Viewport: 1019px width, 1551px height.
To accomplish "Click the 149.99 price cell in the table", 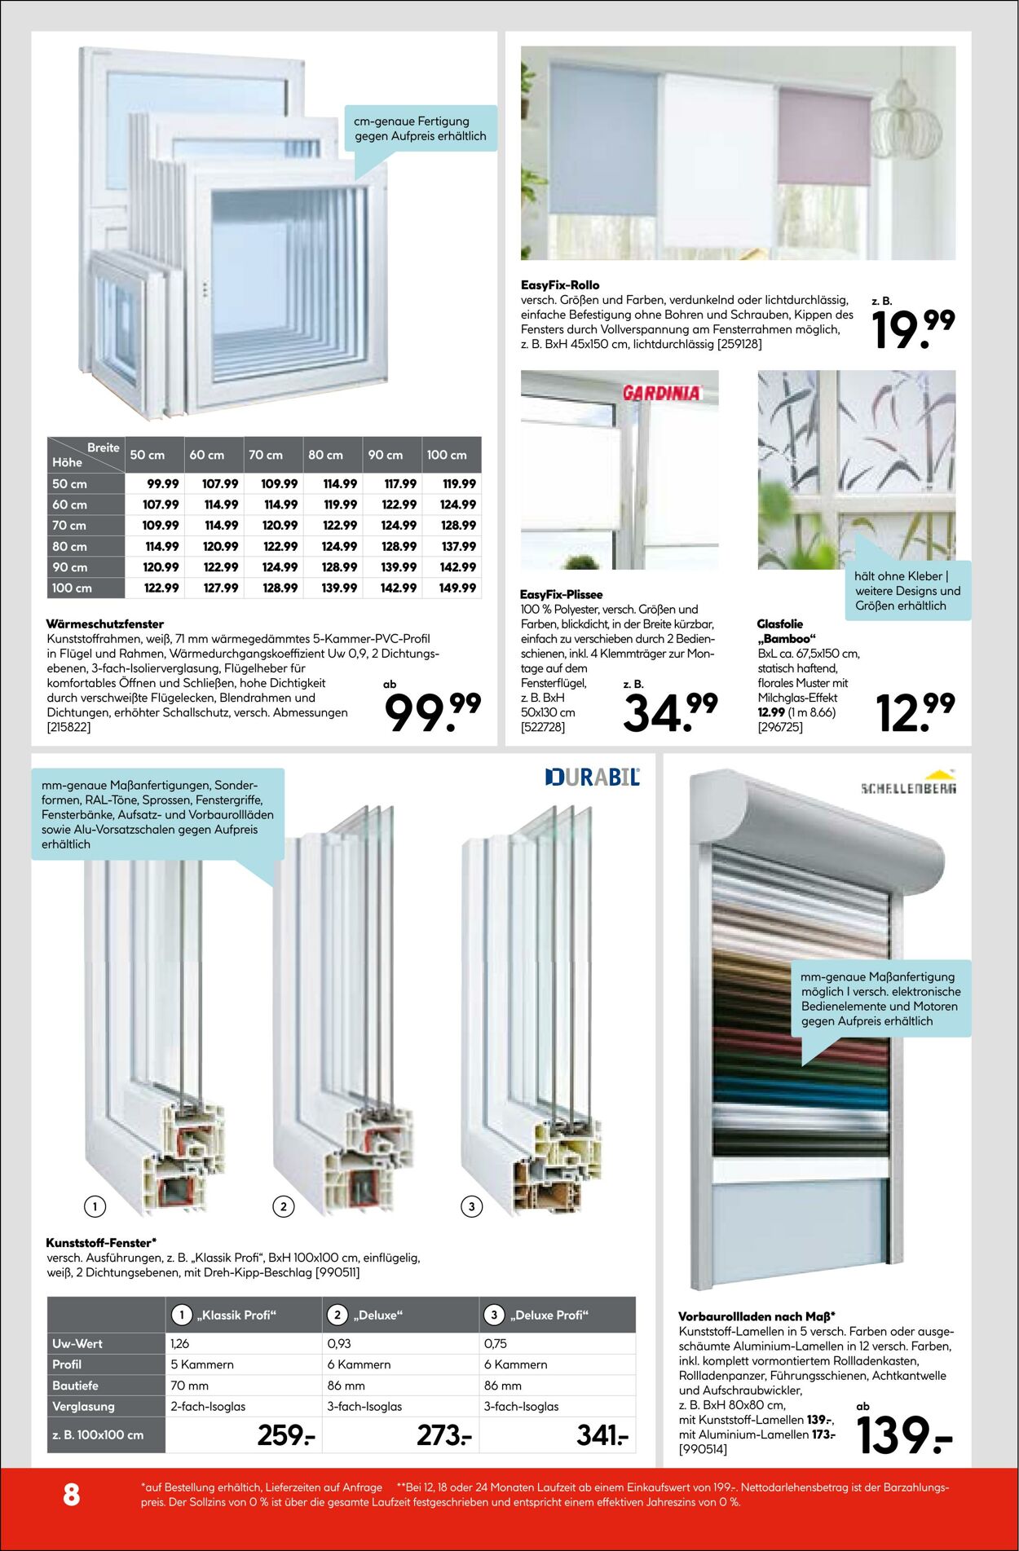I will (x=457, y=588).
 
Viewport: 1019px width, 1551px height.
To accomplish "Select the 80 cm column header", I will (x=325, y=455).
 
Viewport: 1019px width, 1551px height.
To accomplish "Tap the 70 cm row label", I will (x=69, y=526).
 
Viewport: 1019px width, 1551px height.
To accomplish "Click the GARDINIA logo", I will (x=661, y=393).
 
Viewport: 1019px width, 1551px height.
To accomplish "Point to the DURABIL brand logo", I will (x=593, y=777).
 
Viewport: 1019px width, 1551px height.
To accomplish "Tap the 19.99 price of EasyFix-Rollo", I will (x=912, y=329).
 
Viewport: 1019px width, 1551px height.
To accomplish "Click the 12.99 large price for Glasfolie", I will (x=915, y=712).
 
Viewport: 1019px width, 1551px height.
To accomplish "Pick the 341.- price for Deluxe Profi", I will (x=602, y=1435).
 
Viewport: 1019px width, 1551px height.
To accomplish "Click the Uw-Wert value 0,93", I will (x=339, y=1343).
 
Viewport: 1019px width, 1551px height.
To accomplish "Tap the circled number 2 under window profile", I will (x=283, y=1206).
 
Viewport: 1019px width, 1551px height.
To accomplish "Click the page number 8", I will (x=72, y=1494).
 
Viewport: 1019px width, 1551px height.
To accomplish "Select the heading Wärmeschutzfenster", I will (x=105, y=623).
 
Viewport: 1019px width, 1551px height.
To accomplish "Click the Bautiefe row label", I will (x=75, y=1386).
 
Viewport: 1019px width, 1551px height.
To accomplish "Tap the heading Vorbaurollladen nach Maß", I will (x=756, y=1316).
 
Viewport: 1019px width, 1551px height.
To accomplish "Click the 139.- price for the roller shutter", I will (x=903, y=1436).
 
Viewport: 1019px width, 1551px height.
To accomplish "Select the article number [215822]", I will (x=68, y=727).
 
